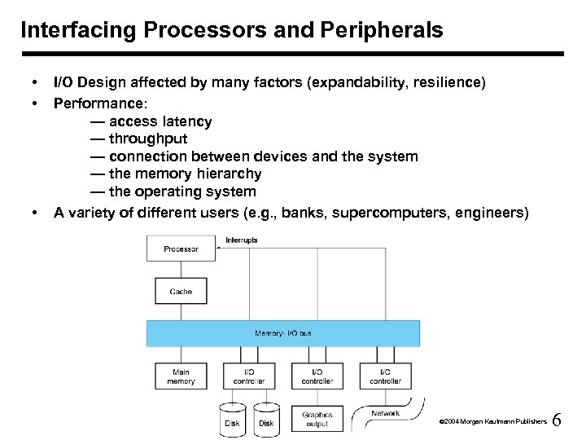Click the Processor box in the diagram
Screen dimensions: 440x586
coord(181,249)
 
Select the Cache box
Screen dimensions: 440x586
coord(181,291)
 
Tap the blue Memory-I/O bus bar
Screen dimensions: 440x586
coord(283,333)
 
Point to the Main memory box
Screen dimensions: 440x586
coord(181,376)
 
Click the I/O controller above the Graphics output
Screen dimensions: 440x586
coord(317,376)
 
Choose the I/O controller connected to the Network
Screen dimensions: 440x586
coord(385,376)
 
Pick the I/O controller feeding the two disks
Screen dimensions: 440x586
coord(249,376)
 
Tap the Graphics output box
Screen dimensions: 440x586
coord(317,419)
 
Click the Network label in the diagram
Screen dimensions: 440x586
coord(386,413)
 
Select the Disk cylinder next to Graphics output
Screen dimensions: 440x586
coord(266,420)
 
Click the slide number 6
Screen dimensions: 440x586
coord(557,420)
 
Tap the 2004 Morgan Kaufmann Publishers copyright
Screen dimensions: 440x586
coord(492,423)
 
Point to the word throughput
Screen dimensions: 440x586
coord(147,139)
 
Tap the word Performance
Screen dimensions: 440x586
coord(96,104)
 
